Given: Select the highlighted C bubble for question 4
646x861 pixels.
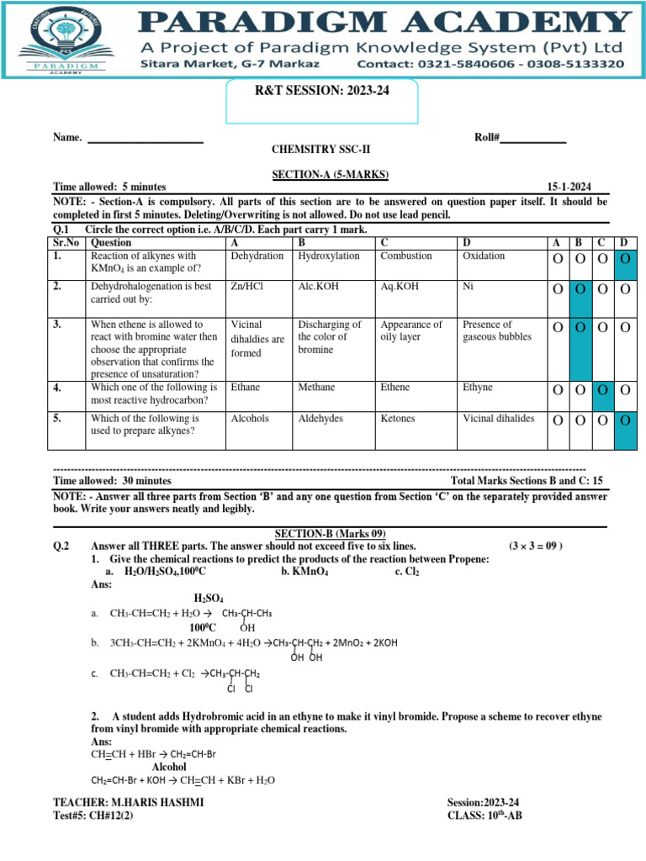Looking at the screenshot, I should [602, 389].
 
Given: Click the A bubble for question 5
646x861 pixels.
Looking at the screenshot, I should [558, 420].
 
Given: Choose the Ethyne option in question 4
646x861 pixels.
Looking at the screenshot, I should [478, 388].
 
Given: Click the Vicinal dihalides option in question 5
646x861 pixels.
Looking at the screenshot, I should [498, 418].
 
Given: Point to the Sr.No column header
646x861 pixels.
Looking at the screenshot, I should [68, 242].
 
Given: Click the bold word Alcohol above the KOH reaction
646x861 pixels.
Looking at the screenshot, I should [169, 767].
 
